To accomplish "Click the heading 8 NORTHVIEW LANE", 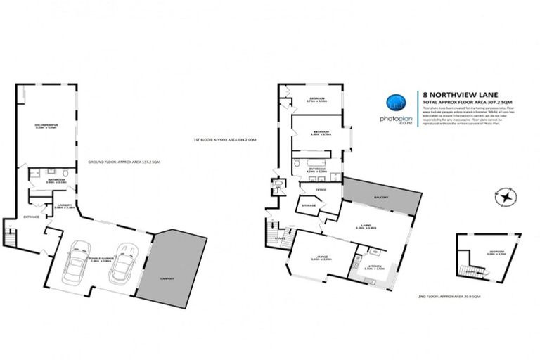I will pyautogui.click(x=455, y=93).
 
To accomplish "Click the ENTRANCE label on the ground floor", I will pyautogui.click(x=31, y=216).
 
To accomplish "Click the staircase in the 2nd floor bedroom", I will pyautogui.click(x=465, y=268).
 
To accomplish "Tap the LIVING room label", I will pyautogui.click(x=366, y=226).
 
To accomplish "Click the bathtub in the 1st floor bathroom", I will pyautogui.click(x=305, y=164).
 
